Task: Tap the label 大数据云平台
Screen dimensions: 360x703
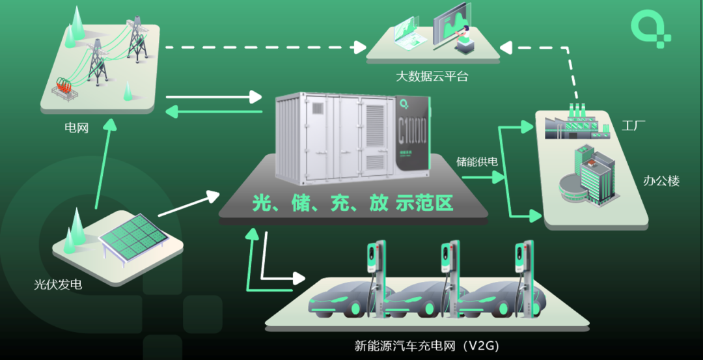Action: coord(432,77)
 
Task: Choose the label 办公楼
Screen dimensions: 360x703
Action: coord(661,181)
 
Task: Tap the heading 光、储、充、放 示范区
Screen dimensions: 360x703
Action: coord(352,203)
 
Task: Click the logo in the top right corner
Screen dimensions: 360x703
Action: coord(650,28)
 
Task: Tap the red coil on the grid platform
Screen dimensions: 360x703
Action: coord(64,85)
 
